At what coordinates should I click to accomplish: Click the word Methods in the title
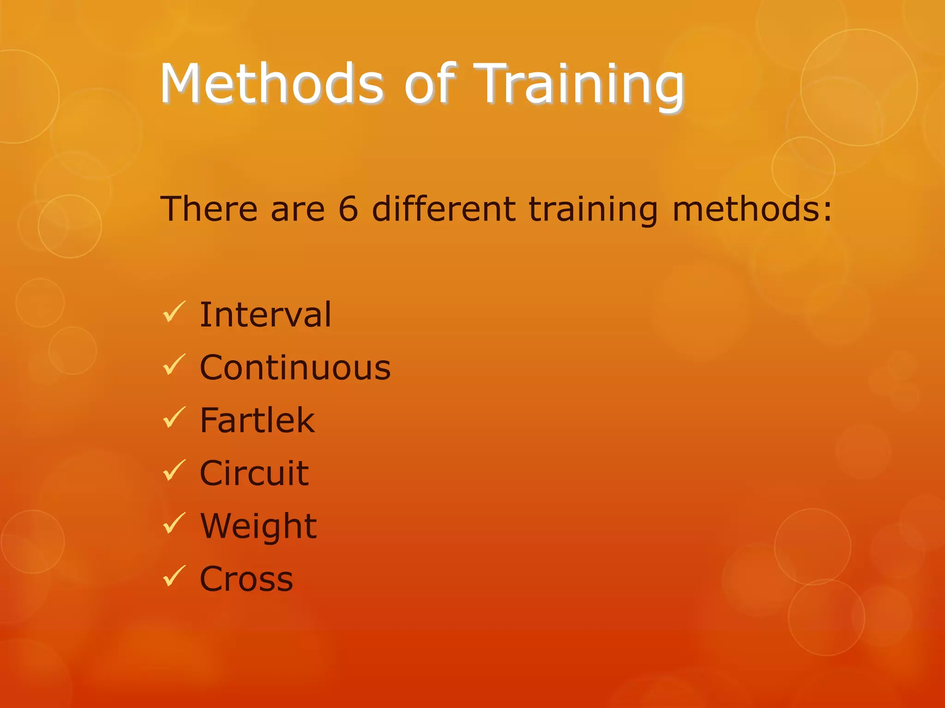point(271,84)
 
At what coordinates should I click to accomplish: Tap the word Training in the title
point(579,85)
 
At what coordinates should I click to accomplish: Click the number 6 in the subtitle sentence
point(348,209)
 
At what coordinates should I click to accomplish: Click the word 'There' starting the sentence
point(209,209)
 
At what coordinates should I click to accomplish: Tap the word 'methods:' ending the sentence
point(752,209)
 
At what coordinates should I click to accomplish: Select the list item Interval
point(265,315)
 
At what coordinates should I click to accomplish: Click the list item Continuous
point(295,368)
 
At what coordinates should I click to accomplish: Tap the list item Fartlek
point(257,420)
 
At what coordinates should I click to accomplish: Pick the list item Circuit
point(254,473)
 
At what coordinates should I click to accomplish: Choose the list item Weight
point(258,526)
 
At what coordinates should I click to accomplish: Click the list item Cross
point(246,579)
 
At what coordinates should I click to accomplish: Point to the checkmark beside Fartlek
point(174,418)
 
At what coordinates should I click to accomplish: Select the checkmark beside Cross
point(174,576)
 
